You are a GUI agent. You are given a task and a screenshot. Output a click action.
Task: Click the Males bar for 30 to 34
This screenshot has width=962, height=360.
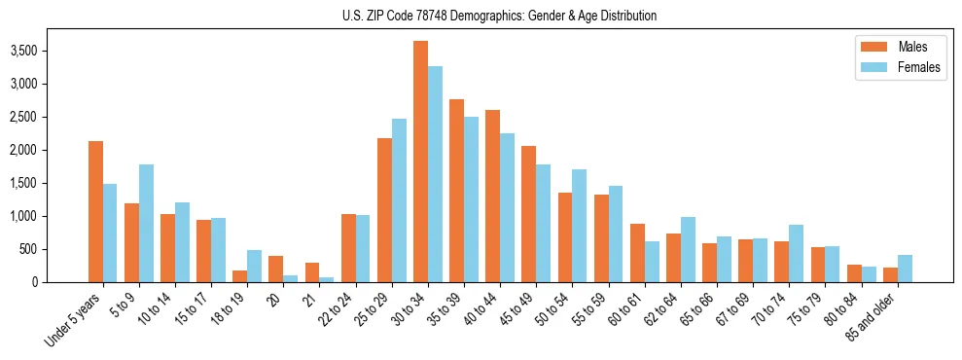[x=420, y=162]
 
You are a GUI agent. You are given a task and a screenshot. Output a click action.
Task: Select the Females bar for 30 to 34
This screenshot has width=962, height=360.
[x=435, y=174]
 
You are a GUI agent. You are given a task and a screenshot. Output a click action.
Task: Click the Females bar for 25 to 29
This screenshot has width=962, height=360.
[x=399, y=200]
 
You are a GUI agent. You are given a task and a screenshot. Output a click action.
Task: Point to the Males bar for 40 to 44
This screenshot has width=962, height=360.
[x=492, y=196]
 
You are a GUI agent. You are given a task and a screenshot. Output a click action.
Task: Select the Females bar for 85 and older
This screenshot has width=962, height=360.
[x=905, y=269]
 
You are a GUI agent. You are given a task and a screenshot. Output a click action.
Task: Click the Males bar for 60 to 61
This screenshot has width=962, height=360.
[x=637, y=253]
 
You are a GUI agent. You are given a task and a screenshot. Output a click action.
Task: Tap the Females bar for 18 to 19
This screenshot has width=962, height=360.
[x=254, y=266]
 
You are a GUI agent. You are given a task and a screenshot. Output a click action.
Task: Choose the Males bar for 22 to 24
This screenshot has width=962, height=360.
[x=348, y=248]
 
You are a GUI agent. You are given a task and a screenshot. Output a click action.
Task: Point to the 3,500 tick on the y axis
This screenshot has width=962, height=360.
[x=52, y=51]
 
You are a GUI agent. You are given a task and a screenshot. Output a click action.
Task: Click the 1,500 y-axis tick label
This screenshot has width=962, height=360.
[x=52, y=183]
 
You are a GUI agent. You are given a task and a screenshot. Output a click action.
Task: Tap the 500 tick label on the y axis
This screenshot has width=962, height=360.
[x=58, y=249]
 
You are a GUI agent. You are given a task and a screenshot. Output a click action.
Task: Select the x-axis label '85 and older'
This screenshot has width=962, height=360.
[x=872, y=316]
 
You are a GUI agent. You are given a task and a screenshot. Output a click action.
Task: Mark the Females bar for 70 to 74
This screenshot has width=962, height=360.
[x=797, y=253]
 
